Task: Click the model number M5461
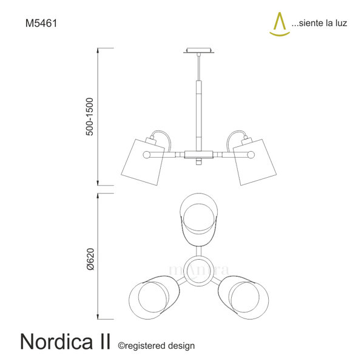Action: coord(41,23)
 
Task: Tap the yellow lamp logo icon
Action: coord(280,24)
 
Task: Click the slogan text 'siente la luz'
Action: coord(323,23)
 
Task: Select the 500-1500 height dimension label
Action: coord(89,116)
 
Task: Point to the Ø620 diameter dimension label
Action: coord(90,259)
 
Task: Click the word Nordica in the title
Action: coord(56,342)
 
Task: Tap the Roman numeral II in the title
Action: coord(104,342)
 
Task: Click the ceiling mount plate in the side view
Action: coord(199,50)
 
